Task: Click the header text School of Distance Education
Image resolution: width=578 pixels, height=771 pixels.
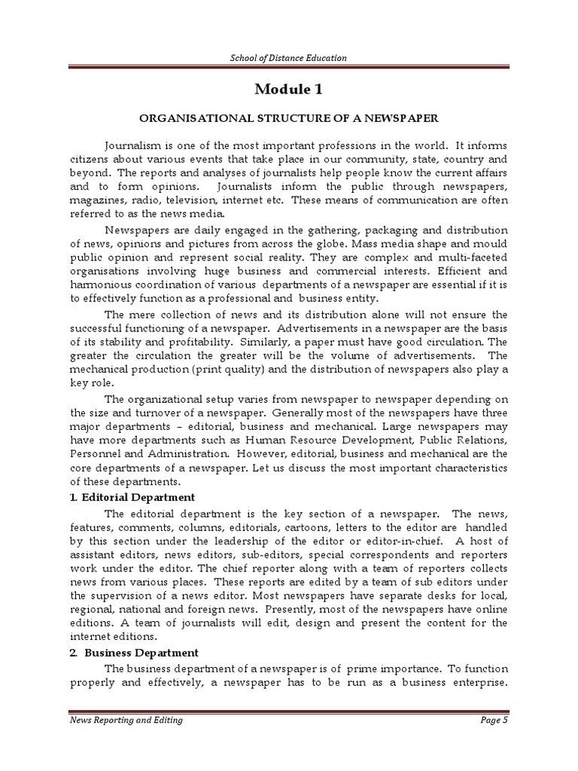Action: click(289, 58)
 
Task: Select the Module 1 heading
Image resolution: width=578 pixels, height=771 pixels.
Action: click(288, 90)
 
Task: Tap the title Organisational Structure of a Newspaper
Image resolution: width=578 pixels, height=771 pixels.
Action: click(288, 119)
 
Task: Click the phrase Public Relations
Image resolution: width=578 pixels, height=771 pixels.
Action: click(462, 440)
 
